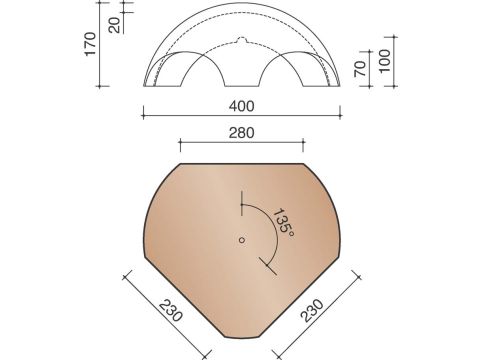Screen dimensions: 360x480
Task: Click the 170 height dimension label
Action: click(90, 46)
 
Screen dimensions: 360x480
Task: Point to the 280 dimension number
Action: click(240, 131)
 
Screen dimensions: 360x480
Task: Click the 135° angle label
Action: click(284, 222)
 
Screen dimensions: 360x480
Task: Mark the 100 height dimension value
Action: click(385, 62)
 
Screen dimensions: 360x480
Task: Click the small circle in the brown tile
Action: click(241, 239)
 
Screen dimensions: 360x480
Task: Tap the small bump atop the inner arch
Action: click(240, 42)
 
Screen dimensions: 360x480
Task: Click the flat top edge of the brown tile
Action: click(240, 163)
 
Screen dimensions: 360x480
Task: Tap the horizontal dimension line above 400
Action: click(240, 115)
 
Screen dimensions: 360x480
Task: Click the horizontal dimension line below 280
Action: click(240, 142)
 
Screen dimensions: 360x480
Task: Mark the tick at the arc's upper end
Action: click(241, 204)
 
